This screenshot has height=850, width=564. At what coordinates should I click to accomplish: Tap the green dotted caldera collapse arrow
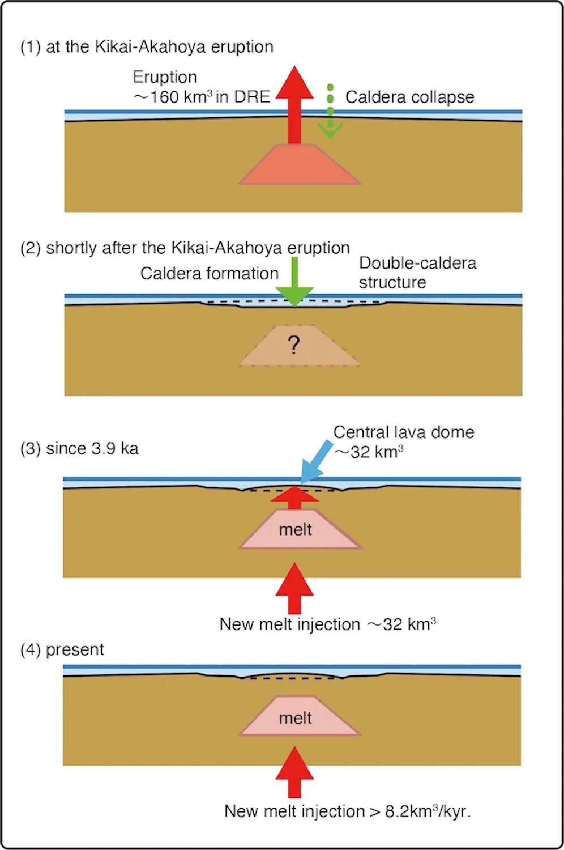coord(330,113)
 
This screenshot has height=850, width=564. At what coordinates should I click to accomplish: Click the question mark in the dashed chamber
coord(293,345)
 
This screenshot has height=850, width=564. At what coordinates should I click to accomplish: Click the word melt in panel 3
coord(296,530)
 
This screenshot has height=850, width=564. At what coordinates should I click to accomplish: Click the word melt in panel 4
coord(296,718)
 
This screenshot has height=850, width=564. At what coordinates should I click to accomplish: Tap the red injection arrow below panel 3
coord(294,589)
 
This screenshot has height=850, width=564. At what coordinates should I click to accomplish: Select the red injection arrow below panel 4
coord(294,773)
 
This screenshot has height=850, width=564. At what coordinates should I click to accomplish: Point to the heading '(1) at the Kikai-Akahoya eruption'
coord(147,46)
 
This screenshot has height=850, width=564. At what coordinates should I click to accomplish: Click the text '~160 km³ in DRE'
coord(202,97)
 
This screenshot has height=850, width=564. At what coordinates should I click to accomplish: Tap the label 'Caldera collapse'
coord(409,97)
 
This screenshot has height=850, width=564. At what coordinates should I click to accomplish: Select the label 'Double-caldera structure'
coord(417,273)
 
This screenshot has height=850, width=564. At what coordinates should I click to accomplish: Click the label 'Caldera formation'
coord(209,273)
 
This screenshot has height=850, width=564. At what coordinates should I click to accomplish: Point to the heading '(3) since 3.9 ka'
coord(79,448)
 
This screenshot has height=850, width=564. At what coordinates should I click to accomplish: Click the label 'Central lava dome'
coord(403,432)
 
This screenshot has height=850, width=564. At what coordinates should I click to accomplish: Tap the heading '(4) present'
coord(62,649)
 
